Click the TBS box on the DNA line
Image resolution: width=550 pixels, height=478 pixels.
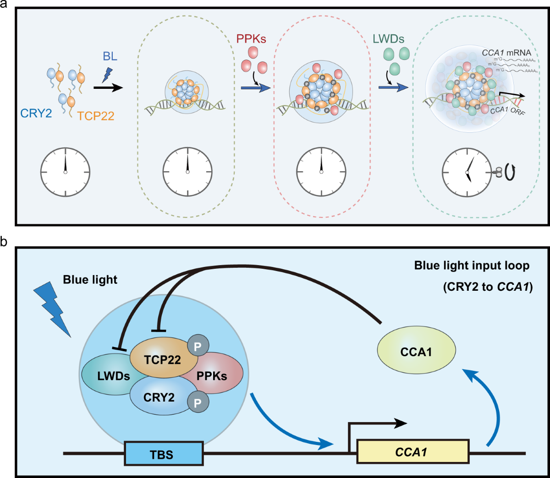(x=164, y=454)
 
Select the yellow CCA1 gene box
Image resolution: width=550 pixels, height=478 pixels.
(x=412, y=452)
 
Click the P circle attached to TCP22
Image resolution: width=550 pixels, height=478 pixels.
(x=198, y=347)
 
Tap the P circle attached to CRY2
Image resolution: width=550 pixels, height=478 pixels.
(x=198, y=403)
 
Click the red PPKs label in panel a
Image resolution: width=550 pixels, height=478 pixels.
(x=251, y=39)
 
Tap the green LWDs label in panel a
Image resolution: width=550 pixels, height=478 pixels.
(x=388, y=39)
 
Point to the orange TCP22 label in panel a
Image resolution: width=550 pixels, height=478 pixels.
(x=95, y=116)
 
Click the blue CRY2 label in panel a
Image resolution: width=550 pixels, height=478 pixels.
(x=36, y=113)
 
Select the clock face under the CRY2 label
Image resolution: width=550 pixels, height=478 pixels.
(x=65, y=172)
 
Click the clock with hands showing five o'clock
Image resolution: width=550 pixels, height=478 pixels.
(x=467, y=172)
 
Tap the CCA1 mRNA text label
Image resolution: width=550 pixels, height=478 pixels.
(x=506, y=53)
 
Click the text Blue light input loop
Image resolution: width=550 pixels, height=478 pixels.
(x=472, y=266)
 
